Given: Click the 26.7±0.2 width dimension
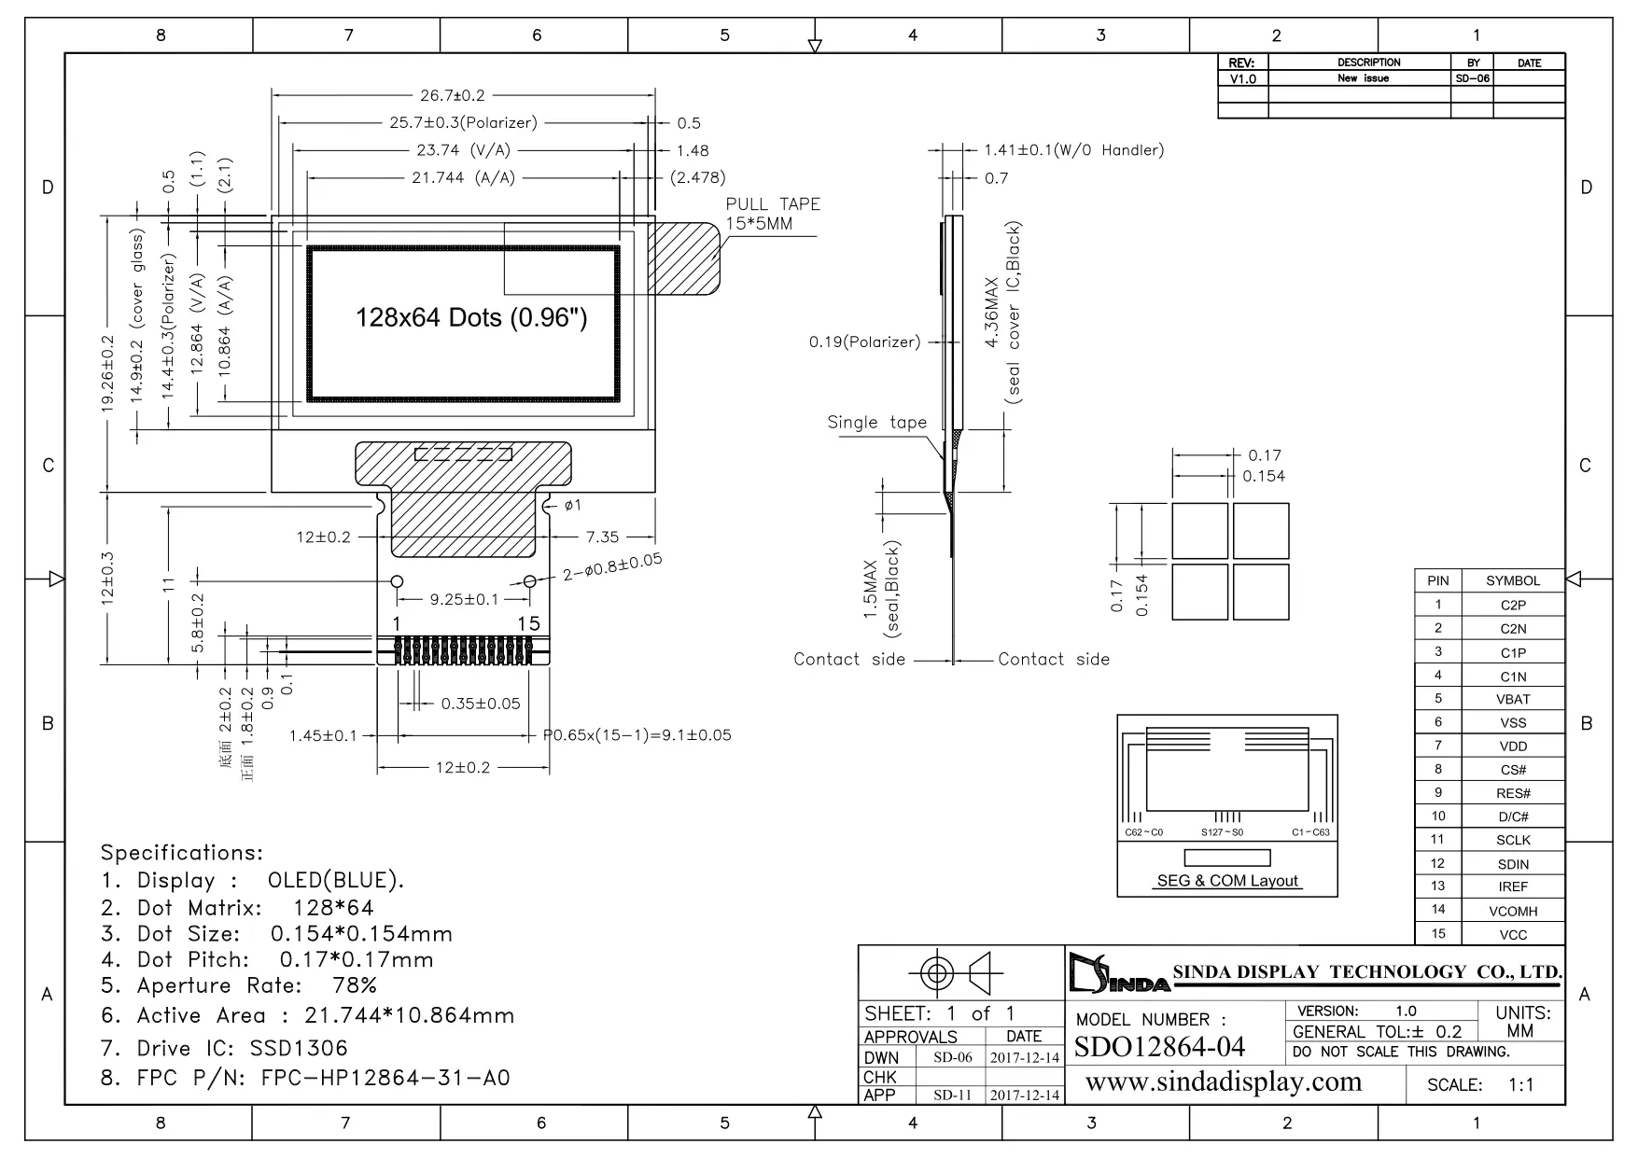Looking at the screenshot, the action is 453,95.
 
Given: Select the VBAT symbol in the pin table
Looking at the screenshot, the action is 1513,699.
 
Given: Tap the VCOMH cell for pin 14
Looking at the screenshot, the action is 1513,911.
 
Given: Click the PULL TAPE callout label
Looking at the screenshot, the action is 773,204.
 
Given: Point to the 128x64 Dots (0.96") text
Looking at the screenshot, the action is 471,317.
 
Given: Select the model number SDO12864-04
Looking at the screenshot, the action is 1159,1047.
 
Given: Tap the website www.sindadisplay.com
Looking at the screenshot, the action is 1224,1081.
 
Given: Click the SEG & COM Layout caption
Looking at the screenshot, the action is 1227,881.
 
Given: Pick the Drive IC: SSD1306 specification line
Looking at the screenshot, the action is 224,1048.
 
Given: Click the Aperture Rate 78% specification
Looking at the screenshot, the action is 239,985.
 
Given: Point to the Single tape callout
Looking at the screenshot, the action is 876,423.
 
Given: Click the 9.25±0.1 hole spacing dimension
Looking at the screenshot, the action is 464,599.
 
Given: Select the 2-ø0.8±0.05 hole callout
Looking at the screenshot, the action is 611,566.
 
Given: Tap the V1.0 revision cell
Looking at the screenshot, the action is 1243,79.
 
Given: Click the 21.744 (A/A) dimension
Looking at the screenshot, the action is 463,177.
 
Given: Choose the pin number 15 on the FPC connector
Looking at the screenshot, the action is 528,623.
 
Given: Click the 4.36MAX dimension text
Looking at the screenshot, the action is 993,313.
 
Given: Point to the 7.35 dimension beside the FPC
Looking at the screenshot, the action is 602,537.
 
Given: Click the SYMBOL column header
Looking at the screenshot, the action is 1513,580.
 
